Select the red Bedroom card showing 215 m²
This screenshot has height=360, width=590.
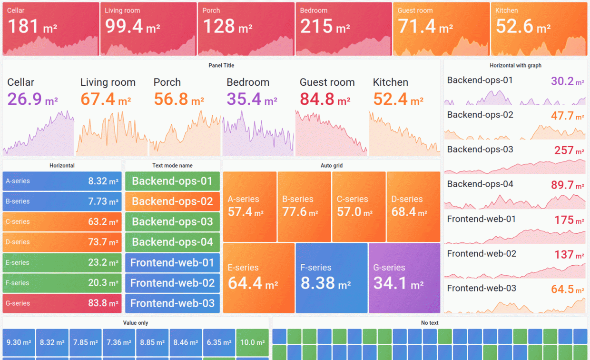pyautogui.click(x=342, y=29)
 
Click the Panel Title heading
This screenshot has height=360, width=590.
pyautogui.click(x=221, y=66)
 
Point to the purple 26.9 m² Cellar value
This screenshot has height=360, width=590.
pyautogui.click(x=32, y=100)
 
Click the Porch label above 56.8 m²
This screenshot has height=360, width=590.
pyautogui.click(x=167, y=82)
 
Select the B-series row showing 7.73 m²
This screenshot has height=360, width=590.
pyautogui.click(x=62, y=201)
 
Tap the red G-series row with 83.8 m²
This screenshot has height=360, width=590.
pyautogui.click(x=62, y=303)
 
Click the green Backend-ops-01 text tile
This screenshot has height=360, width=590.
pyautogui.click(x=172, y=181)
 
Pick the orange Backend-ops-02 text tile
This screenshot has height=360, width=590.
pyautogui.click(x=172, y=201)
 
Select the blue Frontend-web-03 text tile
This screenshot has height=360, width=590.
pyautogui.click(x=172, y=303)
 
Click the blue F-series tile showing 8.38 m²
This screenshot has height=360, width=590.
pyautogui.click(x=331, y=278)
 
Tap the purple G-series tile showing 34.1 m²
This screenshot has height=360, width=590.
pyautogui.click(x=404, y=278)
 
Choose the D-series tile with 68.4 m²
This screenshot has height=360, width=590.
pyautogui.click(x=413, y=207)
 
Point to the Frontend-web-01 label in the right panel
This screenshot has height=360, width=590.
pyautogui.click(x=482, y=219)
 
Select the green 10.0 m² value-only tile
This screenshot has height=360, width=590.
pyautogui.click(x=252, y=342)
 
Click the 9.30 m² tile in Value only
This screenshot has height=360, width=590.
pyautogui.click(x=19, y=342)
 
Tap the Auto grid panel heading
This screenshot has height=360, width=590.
pyautogui.click(x=331, y=166)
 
